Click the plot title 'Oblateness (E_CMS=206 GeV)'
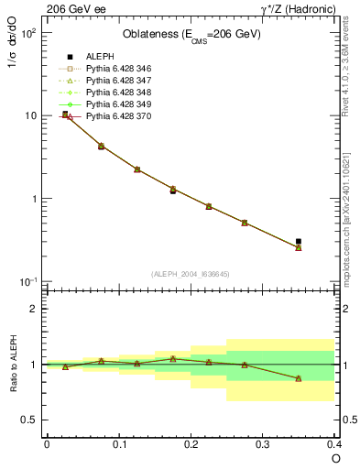(191, 35)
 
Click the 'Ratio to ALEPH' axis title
(13, 364)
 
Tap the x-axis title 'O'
(335, 458)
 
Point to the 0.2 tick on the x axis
(191, 443)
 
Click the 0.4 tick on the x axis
(334, 443)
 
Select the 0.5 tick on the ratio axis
(32, 420)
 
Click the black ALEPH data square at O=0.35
(299, 242)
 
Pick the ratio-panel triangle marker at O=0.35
(299, 378)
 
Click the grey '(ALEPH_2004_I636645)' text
(191, 274)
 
